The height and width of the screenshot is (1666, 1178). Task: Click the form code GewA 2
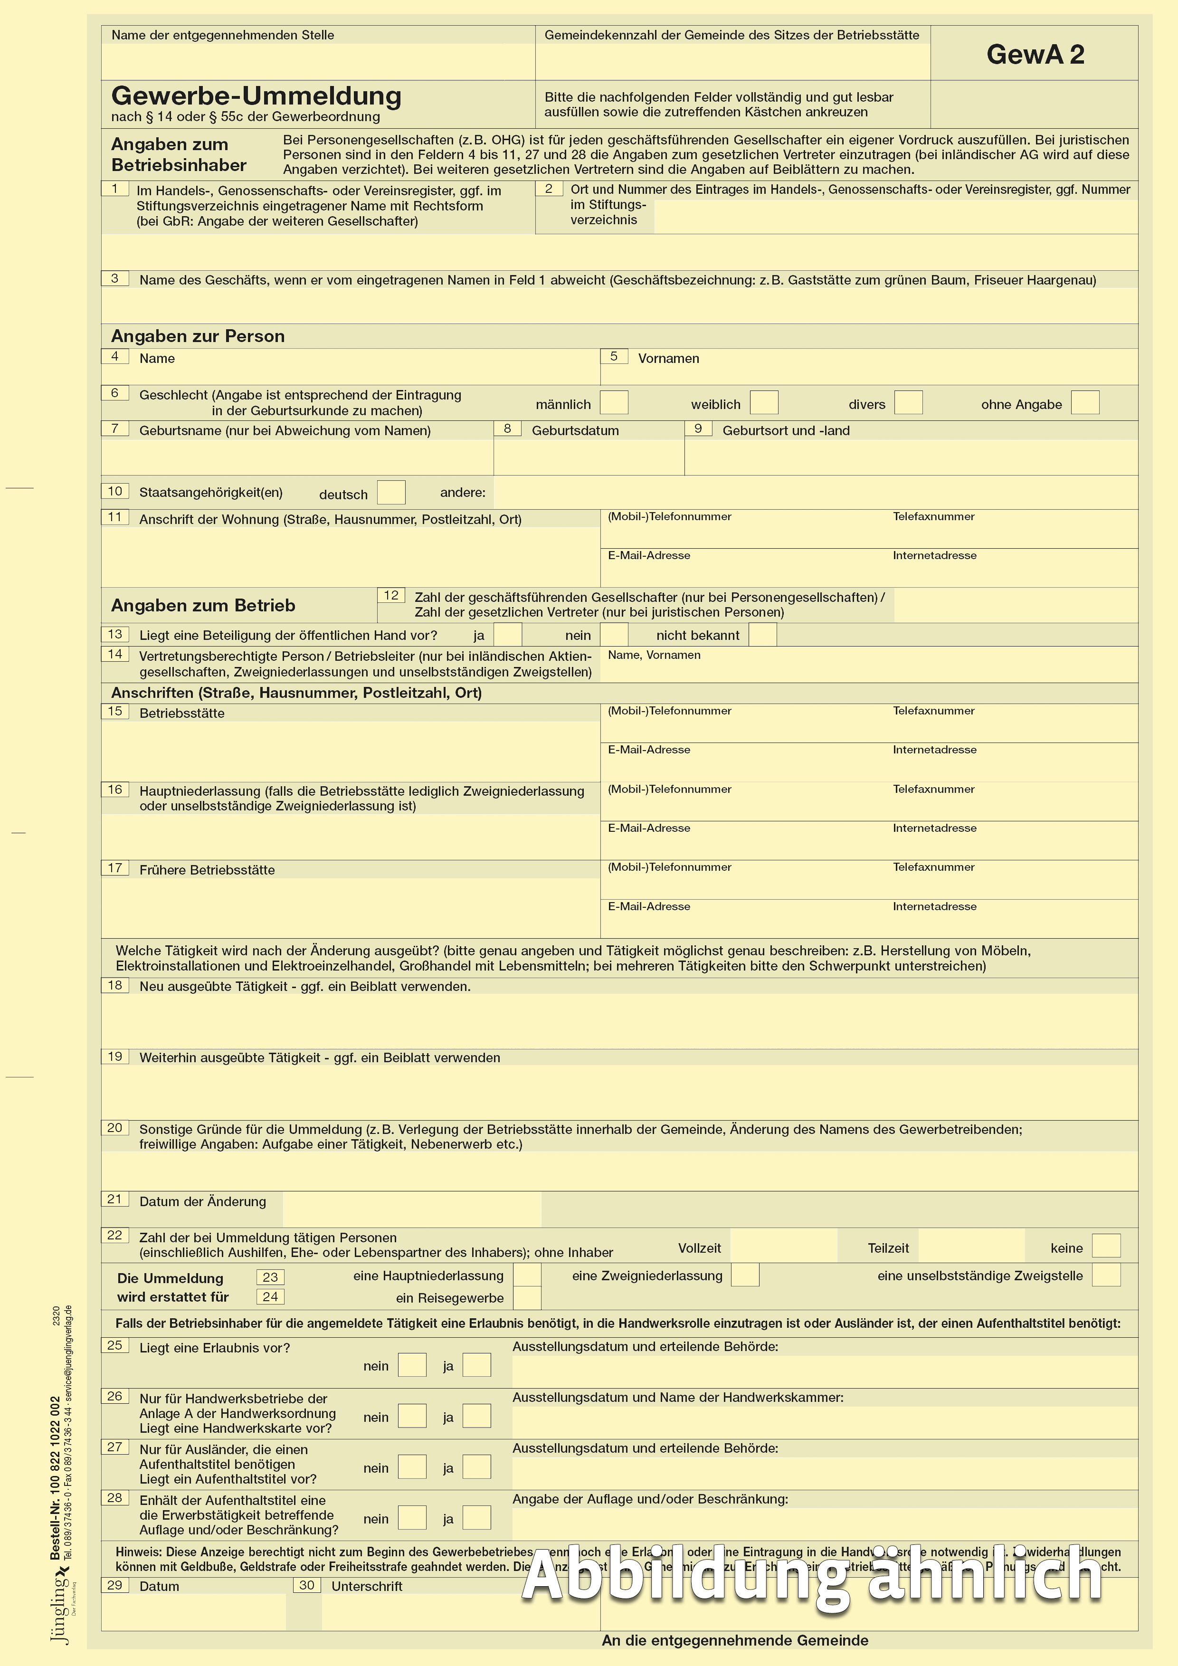click(1035, 55)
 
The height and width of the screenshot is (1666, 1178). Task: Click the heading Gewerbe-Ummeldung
click(256, 96)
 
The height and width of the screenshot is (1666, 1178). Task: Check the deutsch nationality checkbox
click(391, 493)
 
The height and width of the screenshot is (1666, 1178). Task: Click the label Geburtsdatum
click(575, 431)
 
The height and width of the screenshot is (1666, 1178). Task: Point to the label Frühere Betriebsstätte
click(207, 870)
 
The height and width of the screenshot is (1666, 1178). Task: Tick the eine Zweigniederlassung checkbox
click(745, 1275)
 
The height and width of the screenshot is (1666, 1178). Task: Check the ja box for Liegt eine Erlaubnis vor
click(476, 1365)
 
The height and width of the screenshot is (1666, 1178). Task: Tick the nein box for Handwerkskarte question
click(412, 1416)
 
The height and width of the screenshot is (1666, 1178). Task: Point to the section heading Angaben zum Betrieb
click(203, 606)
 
